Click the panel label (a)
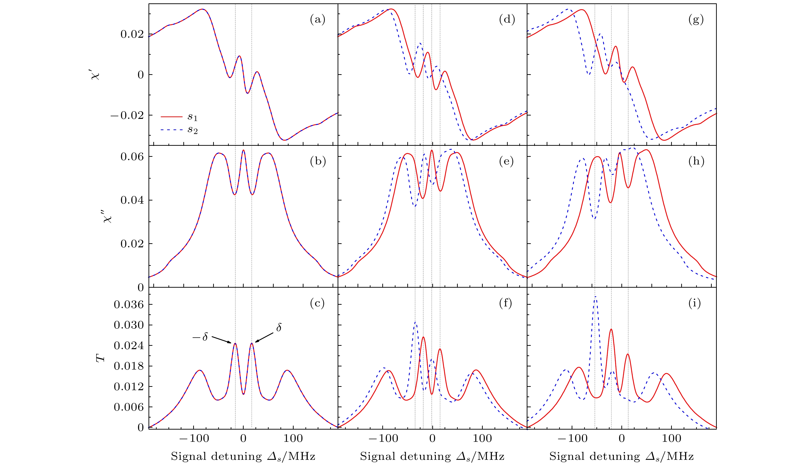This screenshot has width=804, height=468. point(317,20)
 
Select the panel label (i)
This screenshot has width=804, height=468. point(695,303)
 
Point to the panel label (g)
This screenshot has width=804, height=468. point(696,20)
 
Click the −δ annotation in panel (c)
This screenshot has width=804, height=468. point(200,337)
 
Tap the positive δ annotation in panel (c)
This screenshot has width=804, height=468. point(278,328)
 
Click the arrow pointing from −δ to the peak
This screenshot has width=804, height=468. point(221,340)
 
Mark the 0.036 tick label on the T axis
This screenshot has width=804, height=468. point(129,305)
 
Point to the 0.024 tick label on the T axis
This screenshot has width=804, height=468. point(129,346)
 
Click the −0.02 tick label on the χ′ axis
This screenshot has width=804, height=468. point(127,115)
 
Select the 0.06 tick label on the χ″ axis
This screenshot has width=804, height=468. point(132,157)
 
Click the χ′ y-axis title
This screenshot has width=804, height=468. point(95,75)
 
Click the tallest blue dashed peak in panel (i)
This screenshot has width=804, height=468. point(595,297)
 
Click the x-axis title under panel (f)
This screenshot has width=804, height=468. point(432,456)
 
